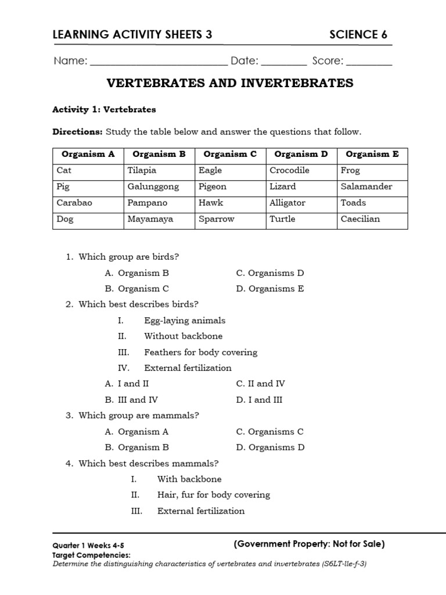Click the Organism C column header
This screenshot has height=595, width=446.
tap(231, 155)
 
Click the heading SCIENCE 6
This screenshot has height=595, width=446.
tap(358, 35)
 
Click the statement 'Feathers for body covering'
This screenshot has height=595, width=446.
tap(200, 352)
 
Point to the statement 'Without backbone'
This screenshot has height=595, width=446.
tap(183, 336)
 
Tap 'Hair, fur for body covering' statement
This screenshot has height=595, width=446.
tap(213, 495)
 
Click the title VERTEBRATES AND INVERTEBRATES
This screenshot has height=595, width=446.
tap(230, 84)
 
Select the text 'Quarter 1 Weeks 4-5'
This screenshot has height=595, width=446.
tap(88, 546)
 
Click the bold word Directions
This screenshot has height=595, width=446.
tap(77, 132)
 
